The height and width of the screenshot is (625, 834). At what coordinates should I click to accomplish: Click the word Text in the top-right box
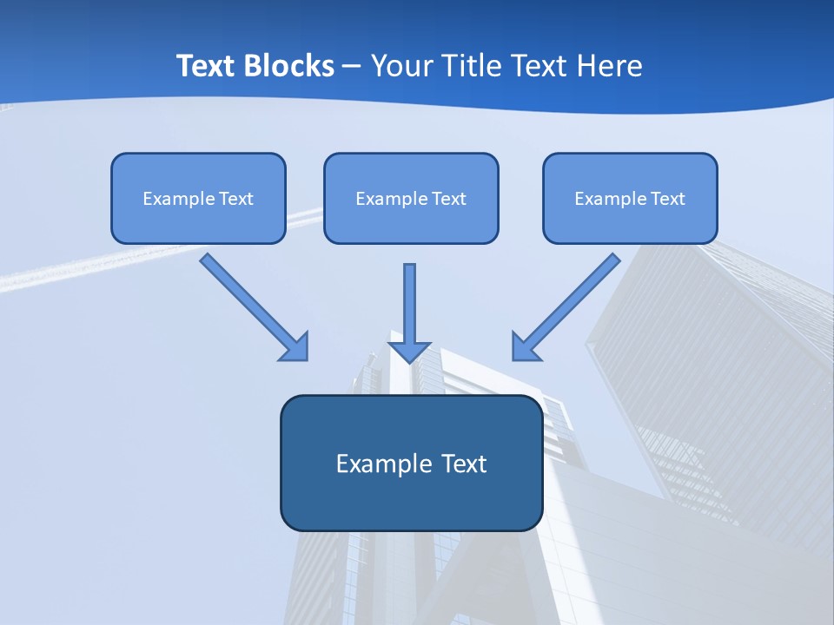[669, 199]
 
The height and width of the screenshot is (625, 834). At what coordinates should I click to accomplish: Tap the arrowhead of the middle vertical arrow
[410, 352]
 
